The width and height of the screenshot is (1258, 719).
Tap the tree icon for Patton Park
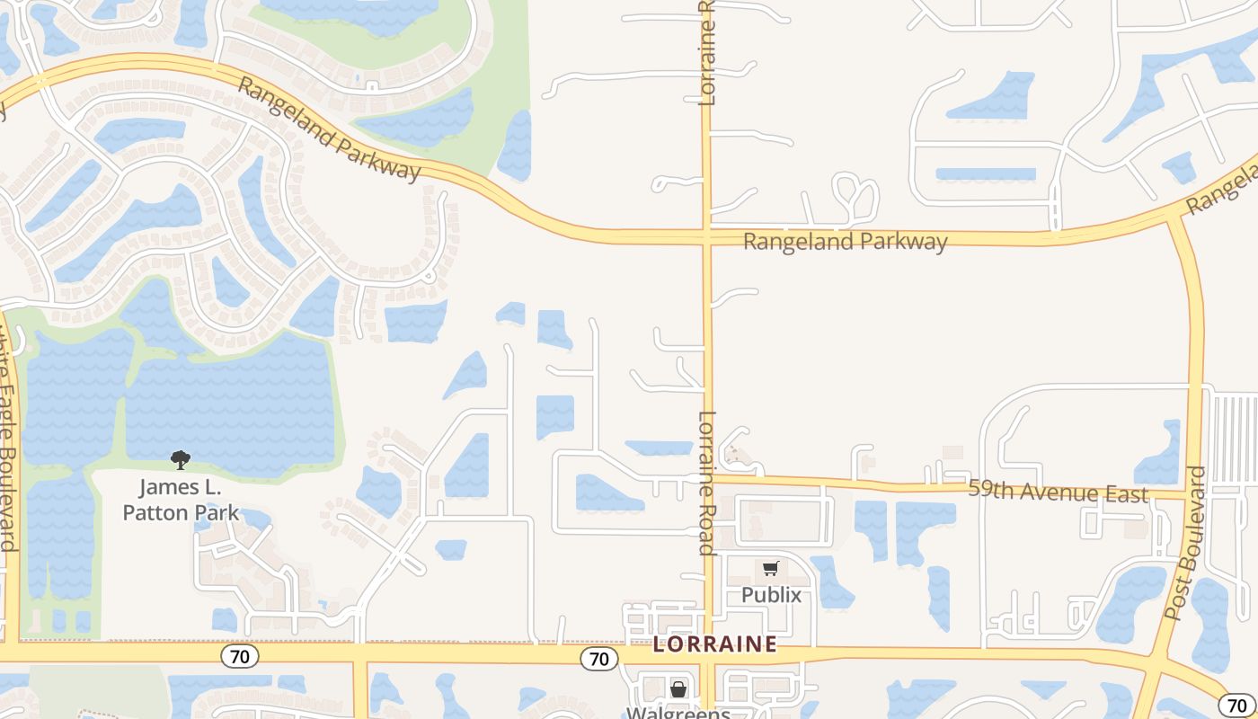coord(181,460)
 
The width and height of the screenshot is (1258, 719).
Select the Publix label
coord(771,595)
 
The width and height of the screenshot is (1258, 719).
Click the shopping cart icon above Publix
coord(770,568)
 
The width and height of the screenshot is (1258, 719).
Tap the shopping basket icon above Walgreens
coord(678,689)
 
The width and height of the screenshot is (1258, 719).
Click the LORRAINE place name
coord(714,644)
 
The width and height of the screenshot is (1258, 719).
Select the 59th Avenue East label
coord(1058,493)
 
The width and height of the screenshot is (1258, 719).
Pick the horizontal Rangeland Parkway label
coord(845,241)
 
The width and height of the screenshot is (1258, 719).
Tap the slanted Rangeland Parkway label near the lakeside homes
coord(330,129)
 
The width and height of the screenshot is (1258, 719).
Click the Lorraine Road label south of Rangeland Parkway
coord(707,483)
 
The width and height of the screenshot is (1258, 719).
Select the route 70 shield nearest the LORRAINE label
coord(598,659)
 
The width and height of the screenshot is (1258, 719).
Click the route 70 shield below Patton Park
coord(240,656)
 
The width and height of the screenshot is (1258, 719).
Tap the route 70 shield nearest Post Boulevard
coord(1236,705)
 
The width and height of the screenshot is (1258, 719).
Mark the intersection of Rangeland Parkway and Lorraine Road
coord(706,237)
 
